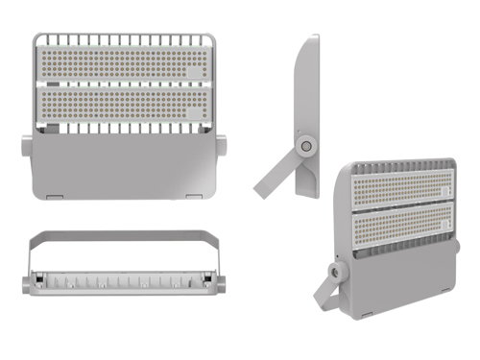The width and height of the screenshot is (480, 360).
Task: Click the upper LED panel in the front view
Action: coord(120,62)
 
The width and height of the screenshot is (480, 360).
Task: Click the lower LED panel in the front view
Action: coord(120,103)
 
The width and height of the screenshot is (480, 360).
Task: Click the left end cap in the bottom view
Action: coord(25,285)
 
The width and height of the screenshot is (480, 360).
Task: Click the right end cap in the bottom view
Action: coord(218,285)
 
